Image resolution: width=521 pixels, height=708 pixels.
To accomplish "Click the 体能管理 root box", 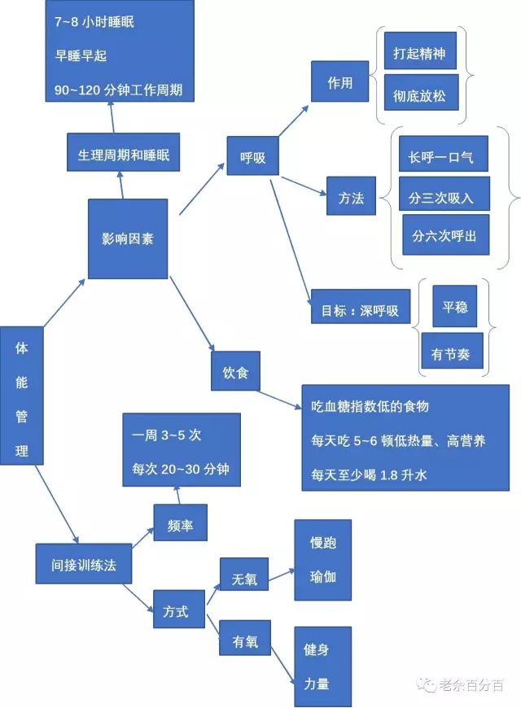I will [22, 399].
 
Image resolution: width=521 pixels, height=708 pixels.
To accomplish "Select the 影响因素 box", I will [128, 238].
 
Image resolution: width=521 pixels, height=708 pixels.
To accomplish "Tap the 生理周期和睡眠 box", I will [123, 155].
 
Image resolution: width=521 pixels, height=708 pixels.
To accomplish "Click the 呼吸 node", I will [253, 157].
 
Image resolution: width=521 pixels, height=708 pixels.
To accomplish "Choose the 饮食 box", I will [235, 374].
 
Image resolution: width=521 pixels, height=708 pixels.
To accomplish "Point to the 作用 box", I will [339, 83].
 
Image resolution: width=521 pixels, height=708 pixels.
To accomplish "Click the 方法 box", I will [352, 197].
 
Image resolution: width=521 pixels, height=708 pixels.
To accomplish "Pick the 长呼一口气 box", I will [444, 154].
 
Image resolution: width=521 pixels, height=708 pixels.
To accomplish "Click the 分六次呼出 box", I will [444, 236].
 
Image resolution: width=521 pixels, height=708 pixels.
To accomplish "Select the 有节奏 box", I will [451, 354].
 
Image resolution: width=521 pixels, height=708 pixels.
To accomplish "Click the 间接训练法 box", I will [84, 565].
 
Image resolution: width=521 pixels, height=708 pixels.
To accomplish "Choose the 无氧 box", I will [244, 579].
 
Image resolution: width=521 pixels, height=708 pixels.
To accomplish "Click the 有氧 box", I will [244, 640].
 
